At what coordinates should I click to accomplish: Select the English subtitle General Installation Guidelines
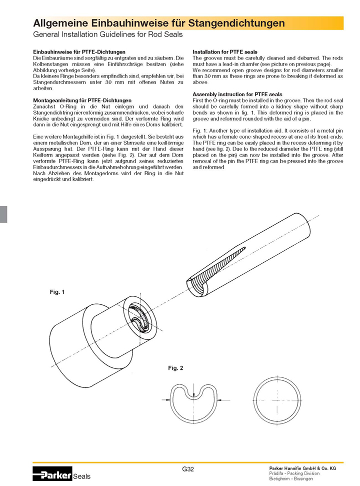[x=107, y=35]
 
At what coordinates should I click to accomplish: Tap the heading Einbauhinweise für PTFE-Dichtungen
[x=79, y=52]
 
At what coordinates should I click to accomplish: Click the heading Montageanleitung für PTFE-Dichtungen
[x=82, y=100]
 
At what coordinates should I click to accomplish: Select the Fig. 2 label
[x=175, y=368]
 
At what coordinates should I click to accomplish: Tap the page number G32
[x=188, y=469]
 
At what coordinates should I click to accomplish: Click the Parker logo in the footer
[x=52, y=473]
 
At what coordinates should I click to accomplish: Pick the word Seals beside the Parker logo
[x=82, y=476]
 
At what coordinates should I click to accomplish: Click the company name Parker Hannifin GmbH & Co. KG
[x=302, y=468]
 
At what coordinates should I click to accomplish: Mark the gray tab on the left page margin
[x=3, y=214]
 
